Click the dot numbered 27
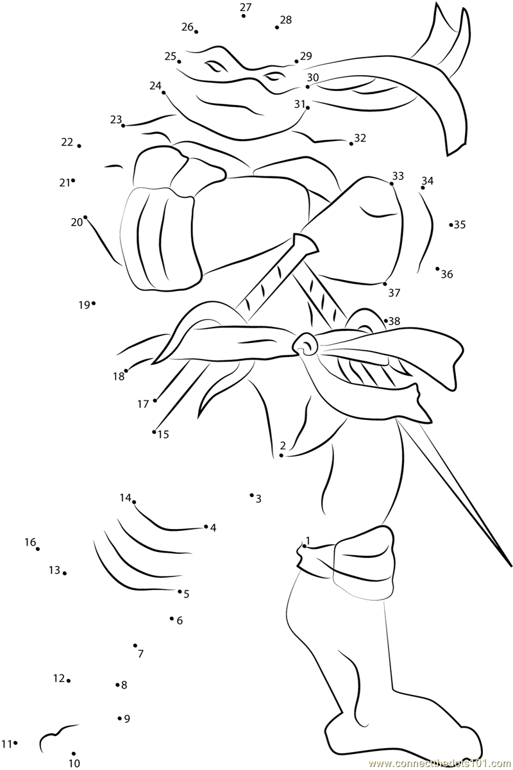[x=244, y=15]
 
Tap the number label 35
[x=460, y=224]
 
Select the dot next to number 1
[x=304, y=546]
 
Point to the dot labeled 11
[x=15, y=743]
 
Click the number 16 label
[x=30, y=542]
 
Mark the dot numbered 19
[x=94, y=303]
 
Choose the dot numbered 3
[x=251, y=495]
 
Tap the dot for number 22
[x=79, y=146]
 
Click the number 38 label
[x=394, y=321]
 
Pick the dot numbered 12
[x=69, y=680]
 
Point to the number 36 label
[x=446, y=274]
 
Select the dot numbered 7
[x=135, y=646]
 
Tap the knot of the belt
[x=306, y=345]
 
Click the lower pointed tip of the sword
[x=510, y=567]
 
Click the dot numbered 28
[x=277, y=28]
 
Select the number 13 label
[x=54, y=569]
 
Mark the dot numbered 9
[x=120, y=718]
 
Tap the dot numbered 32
[x=351, y=144]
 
